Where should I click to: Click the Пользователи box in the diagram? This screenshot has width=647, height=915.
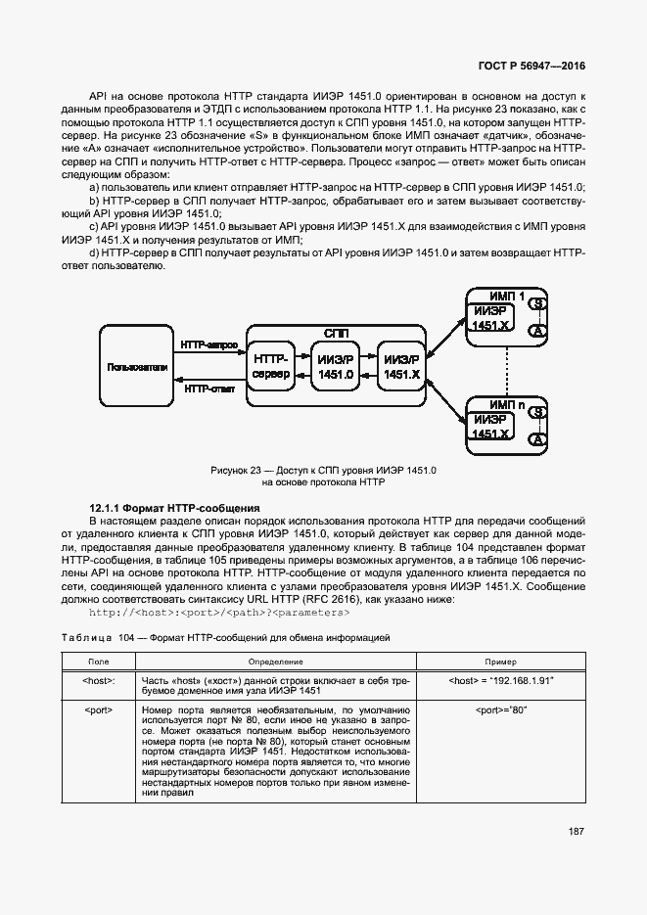click(x=137, y=367)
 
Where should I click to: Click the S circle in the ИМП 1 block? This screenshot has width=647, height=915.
click(x=537, y=304)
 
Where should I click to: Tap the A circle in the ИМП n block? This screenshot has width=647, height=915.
click(x=537, y=440)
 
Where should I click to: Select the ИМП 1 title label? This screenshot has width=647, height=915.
click(x=507, y=296)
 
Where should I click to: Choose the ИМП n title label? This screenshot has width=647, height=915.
click(x=507, y=402)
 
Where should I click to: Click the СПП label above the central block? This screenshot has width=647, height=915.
click(x=336, y=334)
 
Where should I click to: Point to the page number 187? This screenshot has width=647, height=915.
click(x=576, y=832)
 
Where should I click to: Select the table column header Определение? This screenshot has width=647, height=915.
click(x=275, y=661)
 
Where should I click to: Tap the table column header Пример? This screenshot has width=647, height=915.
click(x=500, y=661)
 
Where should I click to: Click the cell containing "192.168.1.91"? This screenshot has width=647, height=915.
click(x=500, y=679)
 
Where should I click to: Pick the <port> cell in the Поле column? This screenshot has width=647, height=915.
click(x=99, y=708)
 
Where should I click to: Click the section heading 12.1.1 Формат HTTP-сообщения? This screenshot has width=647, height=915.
click(x=174, y=509)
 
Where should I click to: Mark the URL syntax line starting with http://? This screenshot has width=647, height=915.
click(x=219, y=613)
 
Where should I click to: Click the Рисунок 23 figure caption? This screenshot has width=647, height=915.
click(x=323, y=477)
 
